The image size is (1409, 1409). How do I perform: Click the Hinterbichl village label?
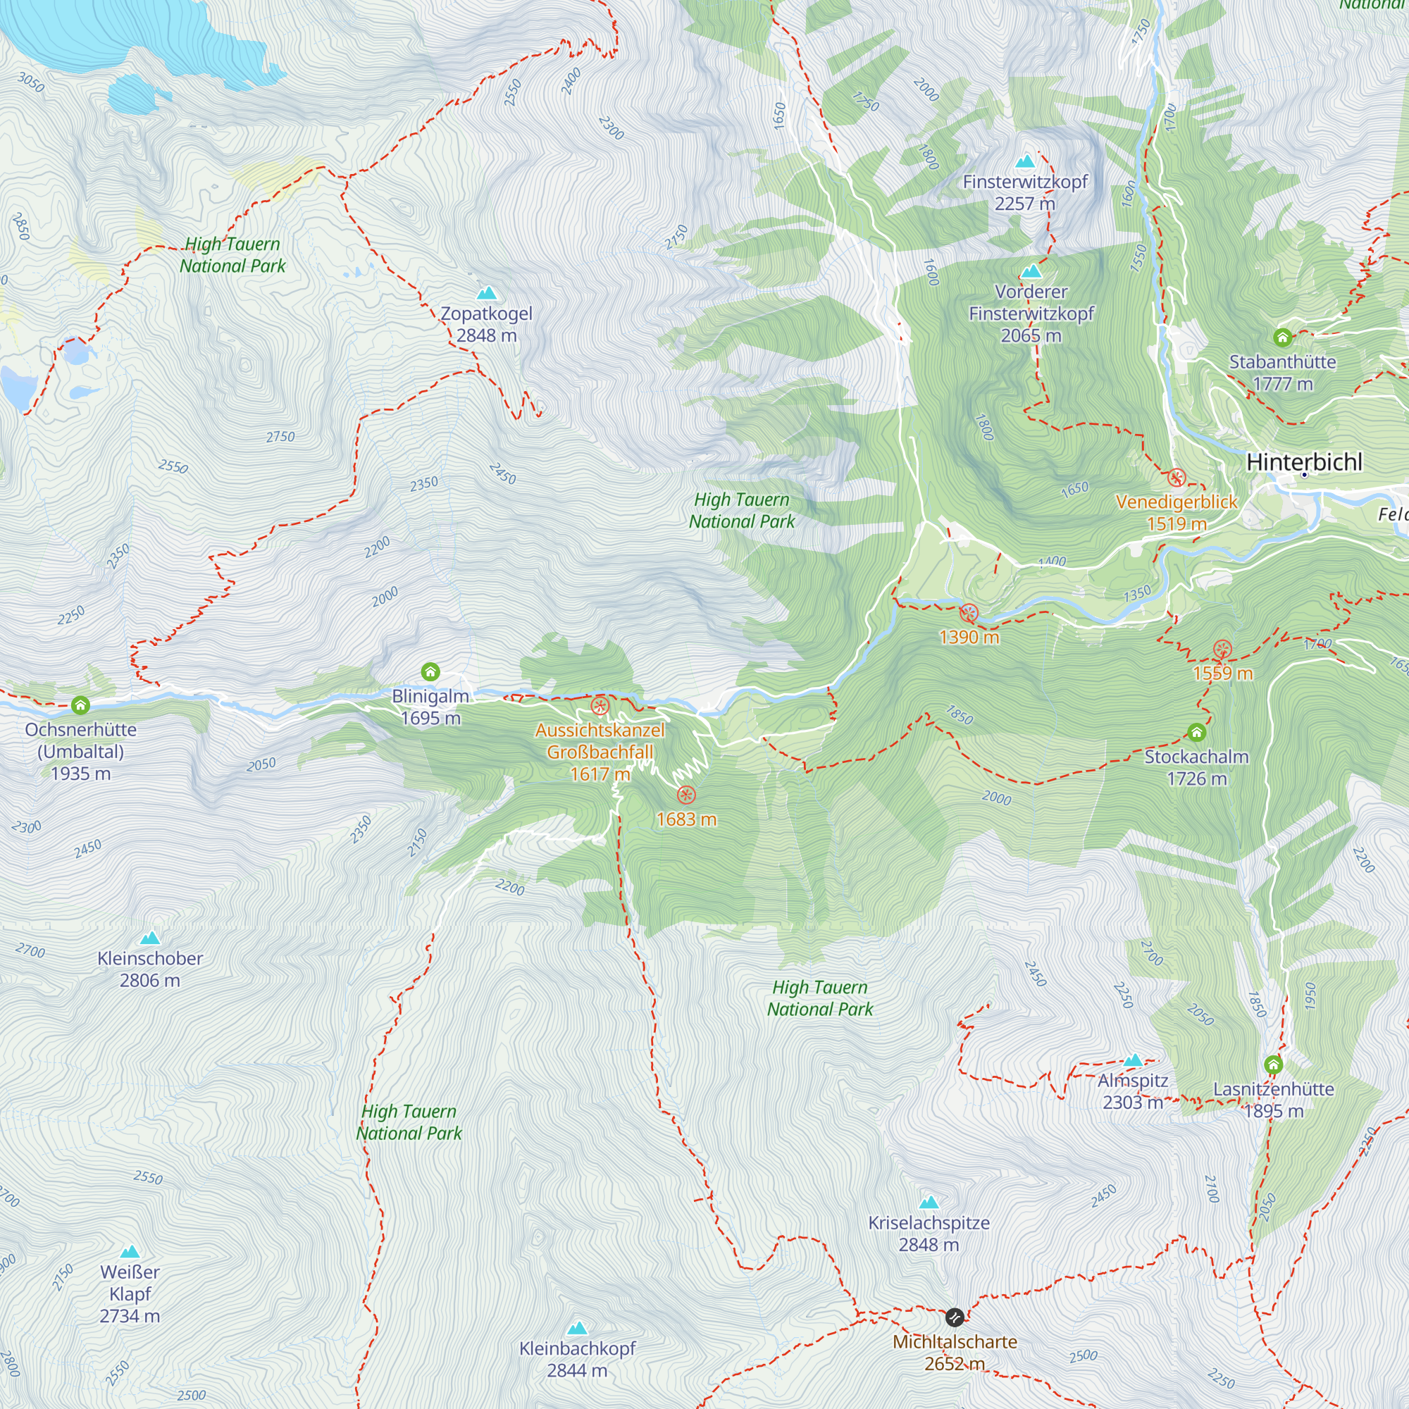click(1304, 461)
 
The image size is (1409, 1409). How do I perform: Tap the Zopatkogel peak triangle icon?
click(486, 293)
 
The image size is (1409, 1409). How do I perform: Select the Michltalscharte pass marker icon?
click(954, 1317)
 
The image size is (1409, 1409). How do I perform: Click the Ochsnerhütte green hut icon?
click(80, 705)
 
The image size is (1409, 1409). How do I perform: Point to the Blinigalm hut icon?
click(430, 671)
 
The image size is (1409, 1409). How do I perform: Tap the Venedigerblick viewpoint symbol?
click(1177, 478)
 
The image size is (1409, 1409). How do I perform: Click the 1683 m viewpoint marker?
click(685, 795)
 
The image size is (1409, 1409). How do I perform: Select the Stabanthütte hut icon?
click(1282, 337)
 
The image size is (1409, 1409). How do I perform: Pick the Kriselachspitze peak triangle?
click(929, 1202)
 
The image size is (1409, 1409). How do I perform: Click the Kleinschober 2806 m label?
click(149, 969)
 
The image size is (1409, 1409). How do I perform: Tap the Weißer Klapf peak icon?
click(129, 1251)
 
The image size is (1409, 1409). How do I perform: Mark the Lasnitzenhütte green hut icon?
click(1273, 1064)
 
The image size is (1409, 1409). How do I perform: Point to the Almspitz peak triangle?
click(1133, 1060)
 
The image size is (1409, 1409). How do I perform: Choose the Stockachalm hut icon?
click(1196, 732)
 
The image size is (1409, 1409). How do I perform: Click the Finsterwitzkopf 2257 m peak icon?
click(1025, 161)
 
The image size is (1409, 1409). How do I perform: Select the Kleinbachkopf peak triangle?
click(577, 1327)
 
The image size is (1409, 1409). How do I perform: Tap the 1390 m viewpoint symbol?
click(969, 613)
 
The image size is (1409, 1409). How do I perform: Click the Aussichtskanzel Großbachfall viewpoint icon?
click(600, 705)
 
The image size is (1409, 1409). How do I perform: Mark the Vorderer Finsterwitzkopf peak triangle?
click(1031, 271)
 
